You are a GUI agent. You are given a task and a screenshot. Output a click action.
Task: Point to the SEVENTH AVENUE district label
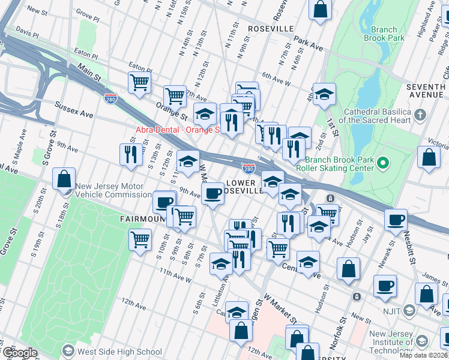click(x=426, y=91)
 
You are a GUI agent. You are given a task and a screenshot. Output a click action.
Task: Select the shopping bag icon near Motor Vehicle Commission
click(x=64, y=179)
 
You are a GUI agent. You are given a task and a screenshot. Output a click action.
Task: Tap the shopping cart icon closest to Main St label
click(x=139, y=82)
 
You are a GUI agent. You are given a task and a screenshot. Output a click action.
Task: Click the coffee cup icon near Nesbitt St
click(x=396, y=220)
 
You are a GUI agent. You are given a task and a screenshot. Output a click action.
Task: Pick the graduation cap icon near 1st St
click(x=324, y=94)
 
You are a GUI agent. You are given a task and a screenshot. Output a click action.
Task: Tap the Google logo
click(x=19, y=352)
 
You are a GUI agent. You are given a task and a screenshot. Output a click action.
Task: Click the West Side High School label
click(x=119, y=352)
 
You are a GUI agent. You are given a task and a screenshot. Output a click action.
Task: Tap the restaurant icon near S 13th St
click(x=130, y=155)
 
